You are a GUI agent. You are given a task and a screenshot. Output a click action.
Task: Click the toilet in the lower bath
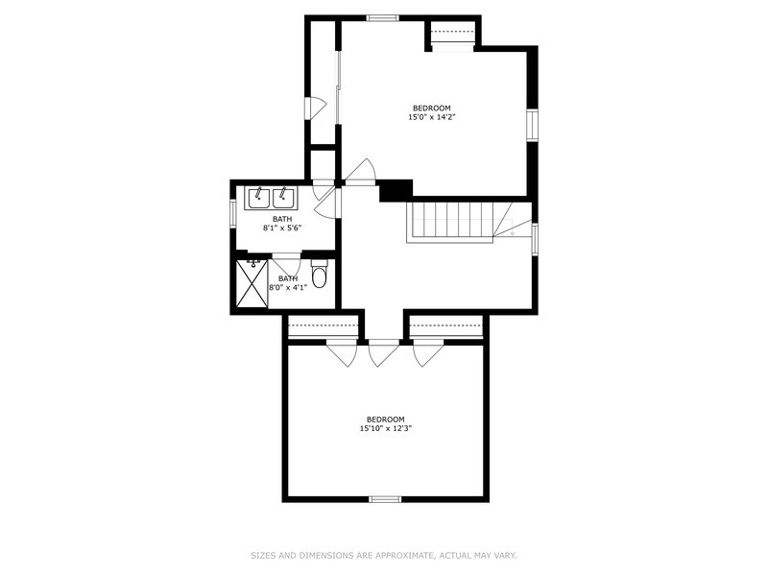coord(320,276)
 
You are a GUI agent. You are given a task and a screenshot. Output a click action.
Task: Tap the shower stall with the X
coord(252,283)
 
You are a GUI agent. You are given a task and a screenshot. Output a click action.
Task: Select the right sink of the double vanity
coord(283,198)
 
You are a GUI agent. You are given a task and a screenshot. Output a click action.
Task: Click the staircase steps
coord(451,222)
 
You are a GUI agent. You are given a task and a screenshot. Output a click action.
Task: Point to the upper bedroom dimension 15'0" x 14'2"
coord(431,118)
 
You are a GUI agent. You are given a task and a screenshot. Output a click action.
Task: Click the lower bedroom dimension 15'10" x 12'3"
coord(385,428)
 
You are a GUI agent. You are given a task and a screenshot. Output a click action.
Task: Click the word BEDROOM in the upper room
coord(431,108)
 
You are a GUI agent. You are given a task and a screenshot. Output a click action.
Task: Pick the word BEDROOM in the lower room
coord(385,419)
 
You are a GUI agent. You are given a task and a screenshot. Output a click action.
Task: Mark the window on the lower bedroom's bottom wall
coord(385,498)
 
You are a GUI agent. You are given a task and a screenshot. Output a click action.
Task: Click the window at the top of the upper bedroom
coord(383,17)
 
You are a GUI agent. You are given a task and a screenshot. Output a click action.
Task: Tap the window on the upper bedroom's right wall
coord(532,125)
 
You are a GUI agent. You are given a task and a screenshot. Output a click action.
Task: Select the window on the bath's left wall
coord(233,213)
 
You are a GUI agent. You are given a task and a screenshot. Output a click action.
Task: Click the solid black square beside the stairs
coord(396,190)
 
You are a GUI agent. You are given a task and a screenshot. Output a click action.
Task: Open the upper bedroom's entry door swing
coord(361,173)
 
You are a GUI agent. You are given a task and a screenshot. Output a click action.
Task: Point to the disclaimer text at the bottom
coord(384,555)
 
